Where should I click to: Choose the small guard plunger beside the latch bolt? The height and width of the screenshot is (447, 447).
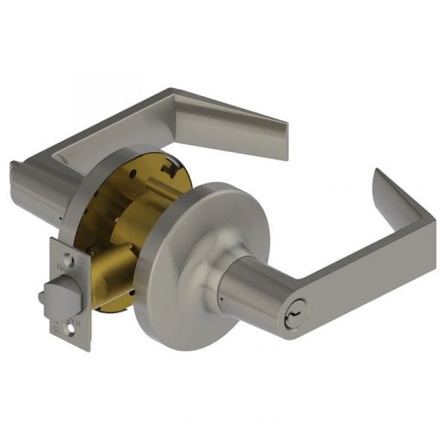pos(43,297)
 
